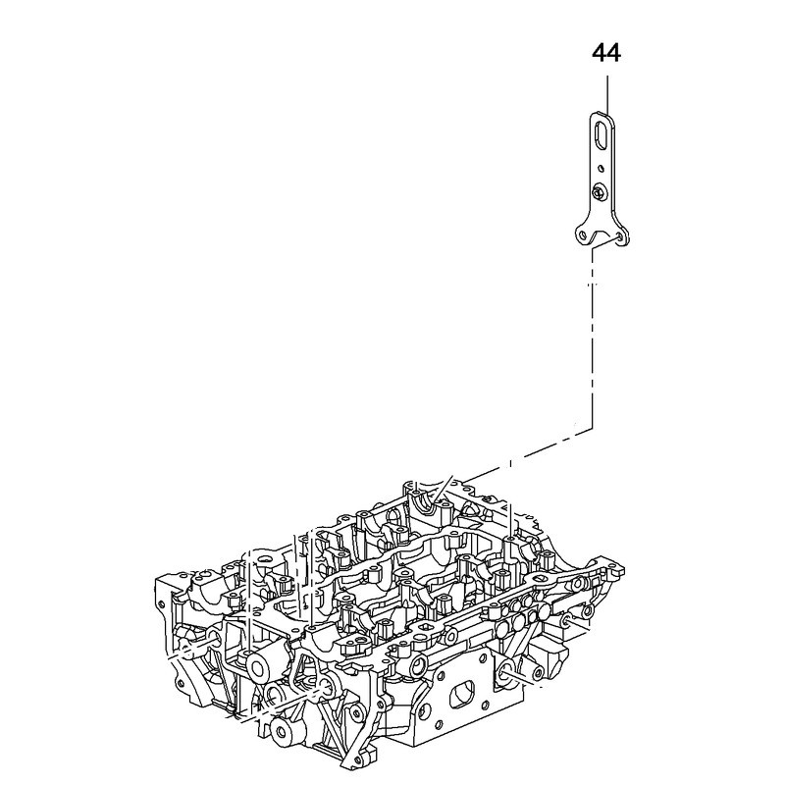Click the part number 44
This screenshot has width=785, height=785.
pyautogui.click(x=605, y=52)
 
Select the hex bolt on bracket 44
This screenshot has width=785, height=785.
pyautogui.click(x=600, y=194)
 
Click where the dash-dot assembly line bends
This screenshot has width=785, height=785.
pyautogui.click(x=592, y=430)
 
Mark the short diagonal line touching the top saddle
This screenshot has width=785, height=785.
pyautogui.click(x=449, y=484)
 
